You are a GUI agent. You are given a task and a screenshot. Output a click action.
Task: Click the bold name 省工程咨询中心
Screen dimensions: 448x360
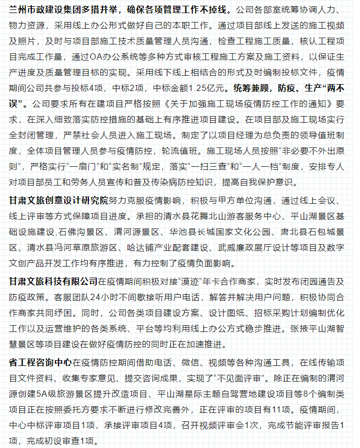coord(40,361)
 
